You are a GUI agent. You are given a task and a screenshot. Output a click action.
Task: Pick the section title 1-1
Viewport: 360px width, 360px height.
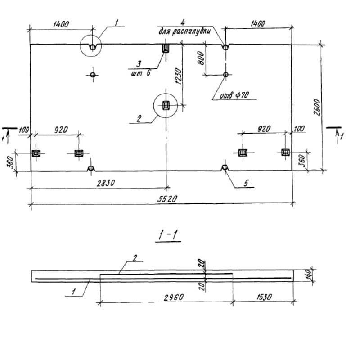(x=167, y=235)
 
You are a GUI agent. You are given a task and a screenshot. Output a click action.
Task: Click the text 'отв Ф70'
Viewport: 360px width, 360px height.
(x=234, y=95)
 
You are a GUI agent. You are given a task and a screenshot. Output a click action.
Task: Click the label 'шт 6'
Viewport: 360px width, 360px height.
(x=141, y=73)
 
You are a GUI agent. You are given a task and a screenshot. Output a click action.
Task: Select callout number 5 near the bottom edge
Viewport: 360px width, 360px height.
(x=246, y=184)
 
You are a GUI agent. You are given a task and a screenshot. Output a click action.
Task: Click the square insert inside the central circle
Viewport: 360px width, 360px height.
(x=166, y=106)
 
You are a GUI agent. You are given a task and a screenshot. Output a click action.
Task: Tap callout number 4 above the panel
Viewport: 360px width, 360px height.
(x=182, y=22)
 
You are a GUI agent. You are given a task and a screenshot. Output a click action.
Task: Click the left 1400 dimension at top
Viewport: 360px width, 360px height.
(x=61, y=24)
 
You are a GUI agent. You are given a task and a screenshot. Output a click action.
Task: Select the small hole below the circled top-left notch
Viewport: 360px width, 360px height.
(x=92, y=75)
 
